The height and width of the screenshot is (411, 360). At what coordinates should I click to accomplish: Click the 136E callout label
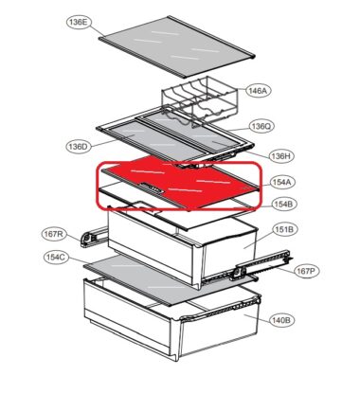[x=79, y=23]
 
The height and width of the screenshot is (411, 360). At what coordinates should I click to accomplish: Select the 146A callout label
[x=258, y=91]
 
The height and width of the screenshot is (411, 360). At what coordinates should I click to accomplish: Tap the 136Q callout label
[x=261, y=126]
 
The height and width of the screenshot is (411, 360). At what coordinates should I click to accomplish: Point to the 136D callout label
[x=79, y=147]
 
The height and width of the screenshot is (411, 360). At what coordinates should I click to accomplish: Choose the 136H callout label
[x=281, y=156]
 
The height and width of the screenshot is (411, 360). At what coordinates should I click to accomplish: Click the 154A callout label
[x=282, y=182]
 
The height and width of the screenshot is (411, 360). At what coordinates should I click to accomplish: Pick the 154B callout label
[x=284, y=205]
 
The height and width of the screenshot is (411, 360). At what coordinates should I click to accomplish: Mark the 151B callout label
[x=284, y=229]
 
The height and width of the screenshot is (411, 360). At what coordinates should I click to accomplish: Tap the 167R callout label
[x=54, y=234]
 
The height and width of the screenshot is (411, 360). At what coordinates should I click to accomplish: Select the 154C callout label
[x=56, y=258]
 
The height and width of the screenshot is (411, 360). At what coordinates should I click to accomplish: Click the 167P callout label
[x=307, y=271]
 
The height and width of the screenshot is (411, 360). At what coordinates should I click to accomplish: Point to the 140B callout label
[x=282, y=320]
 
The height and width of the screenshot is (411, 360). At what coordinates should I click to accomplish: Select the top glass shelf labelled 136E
[x=177, y=46]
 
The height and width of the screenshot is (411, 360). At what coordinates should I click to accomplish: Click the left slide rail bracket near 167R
[x=94, y=237]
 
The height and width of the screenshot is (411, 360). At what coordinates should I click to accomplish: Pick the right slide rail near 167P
[x=261, y=265]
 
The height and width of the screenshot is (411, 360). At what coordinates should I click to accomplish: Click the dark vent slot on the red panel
[x=153, y=188]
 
